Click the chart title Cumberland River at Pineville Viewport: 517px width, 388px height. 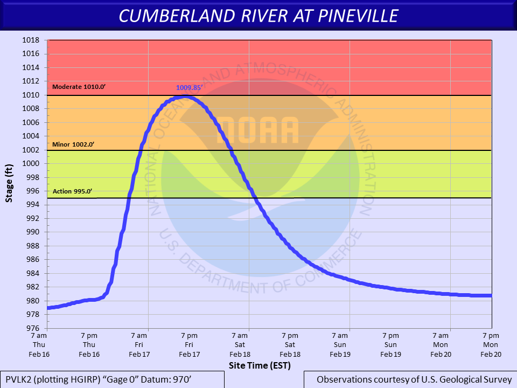coord(258,16)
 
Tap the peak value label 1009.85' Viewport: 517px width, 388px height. coord(189,87)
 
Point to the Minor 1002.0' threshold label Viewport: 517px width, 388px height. coord(73,144)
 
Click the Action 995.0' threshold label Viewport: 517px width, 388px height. coord(73,192)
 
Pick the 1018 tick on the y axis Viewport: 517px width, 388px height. coord(32,40)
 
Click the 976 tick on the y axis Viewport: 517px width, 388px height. coord(32,328)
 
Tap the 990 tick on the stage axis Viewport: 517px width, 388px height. coord(32,232)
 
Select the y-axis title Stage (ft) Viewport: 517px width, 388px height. coord(9,183)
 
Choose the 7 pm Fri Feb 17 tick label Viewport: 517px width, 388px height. coord(189,344)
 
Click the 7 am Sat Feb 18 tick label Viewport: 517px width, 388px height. coord(240,344)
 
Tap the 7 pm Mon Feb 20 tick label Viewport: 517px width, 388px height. coord(491,344)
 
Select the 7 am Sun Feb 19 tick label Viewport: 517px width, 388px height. coord(340,344)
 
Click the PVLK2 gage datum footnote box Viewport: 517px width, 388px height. coord(112,379)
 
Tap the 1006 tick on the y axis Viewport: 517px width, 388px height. coord(32,122)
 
